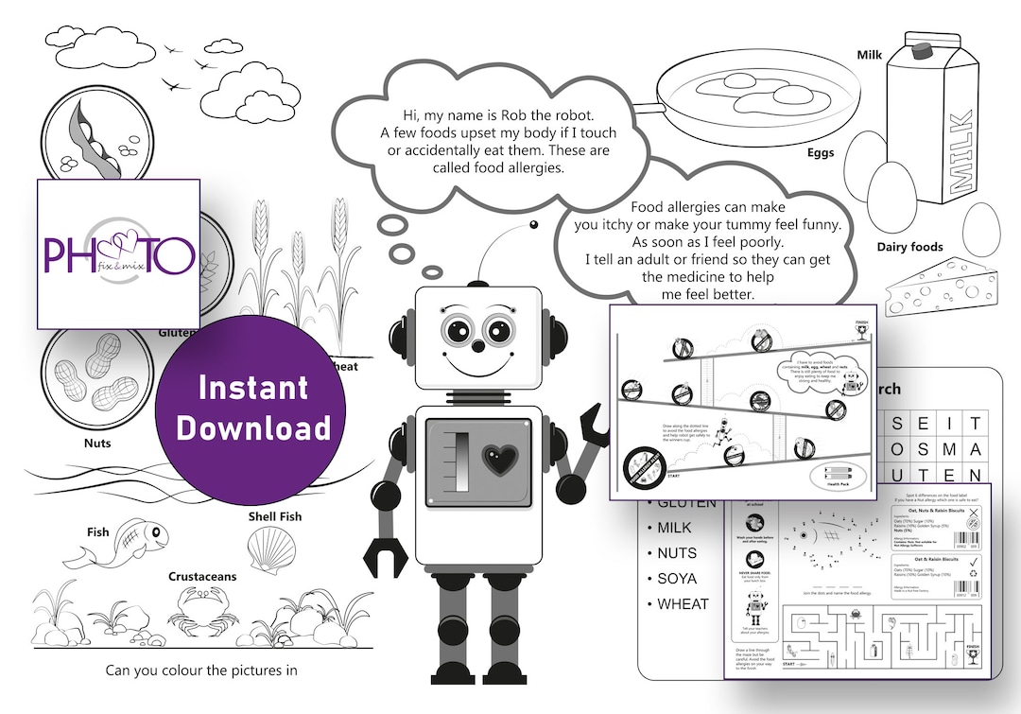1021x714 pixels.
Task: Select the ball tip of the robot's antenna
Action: tap(533, 225)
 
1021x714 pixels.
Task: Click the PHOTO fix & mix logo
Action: tap(118, 253)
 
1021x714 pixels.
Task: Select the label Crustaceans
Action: tap(202, 576)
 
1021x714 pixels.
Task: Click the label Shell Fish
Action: tap(275, 516)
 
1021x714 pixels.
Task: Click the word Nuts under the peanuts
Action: tap(96, 443)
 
